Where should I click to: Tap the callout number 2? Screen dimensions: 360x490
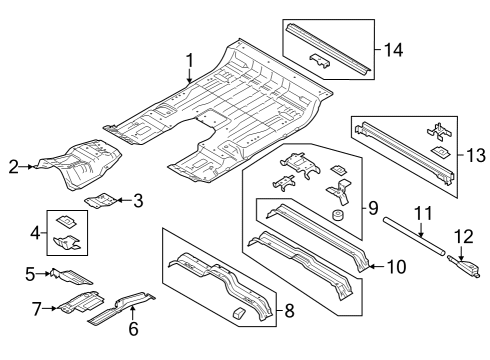coord(14,166)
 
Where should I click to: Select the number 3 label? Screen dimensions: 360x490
coord(138,201)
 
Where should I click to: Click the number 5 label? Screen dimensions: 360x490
coord(29,271)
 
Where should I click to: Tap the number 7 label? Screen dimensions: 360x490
coord(35,308)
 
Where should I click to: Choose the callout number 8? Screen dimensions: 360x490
coord(288,311)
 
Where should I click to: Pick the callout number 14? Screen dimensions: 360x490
coord(393,47)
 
